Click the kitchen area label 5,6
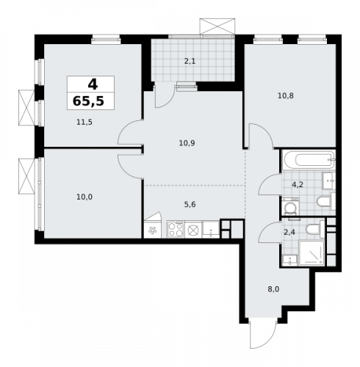point(190,205)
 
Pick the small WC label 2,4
point(290,233)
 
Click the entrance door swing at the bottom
point(260,334)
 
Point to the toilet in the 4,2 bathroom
point(324,202)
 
